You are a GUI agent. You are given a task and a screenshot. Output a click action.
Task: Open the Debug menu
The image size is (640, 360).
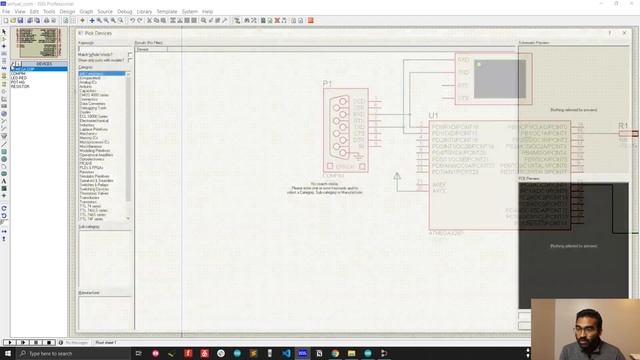125,11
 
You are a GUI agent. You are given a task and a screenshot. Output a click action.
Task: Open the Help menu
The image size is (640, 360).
208,11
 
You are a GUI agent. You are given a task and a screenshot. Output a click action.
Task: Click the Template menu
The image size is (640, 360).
168,11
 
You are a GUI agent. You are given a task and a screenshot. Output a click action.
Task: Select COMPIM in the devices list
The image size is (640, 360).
18,73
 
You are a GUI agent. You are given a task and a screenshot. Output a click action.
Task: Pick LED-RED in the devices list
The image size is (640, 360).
19,77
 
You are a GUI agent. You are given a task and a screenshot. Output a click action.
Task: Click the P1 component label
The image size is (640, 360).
327,83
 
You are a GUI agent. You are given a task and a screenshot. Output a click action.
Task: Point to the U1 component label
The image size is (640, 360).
433,116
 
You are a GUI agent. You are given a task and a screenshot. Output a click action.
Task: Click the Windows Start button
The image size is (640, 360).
6,353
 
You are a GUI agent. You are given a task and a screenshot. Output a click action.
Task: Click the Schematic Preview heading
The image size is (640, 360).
534,43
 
